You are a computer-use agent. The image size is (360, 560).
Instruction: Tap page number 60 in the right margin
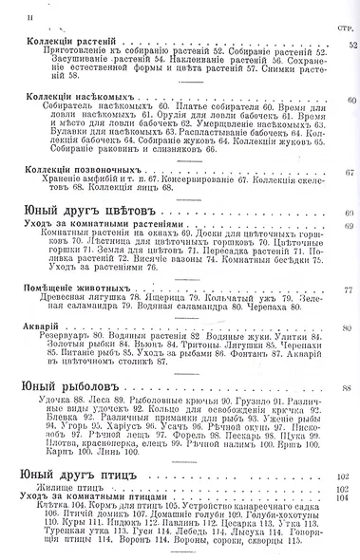[352, 99]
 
